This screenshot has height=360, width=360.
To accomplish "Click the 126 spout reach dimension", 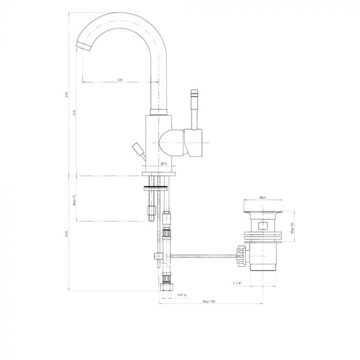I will tap(119, 80).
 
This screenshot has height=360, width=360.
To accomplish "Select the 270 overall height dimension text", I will tap(67, 96).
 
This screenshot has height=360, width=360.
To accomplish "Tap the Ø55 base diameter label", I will tap(164, 164).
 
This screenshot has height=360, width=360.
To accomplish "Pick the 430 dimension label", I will tap(67, 234).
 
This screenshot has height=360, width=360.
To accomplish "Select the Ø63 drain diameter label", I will tap(262, 197).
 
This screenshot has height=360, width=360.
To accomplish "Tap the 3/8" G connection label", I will tap(181, 295).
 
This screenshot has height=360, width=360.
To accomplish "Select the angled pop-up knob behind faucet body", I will tap(138, 149).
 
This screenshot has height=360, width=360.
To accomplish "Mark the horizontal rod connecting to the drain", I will tap(201, 255).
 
